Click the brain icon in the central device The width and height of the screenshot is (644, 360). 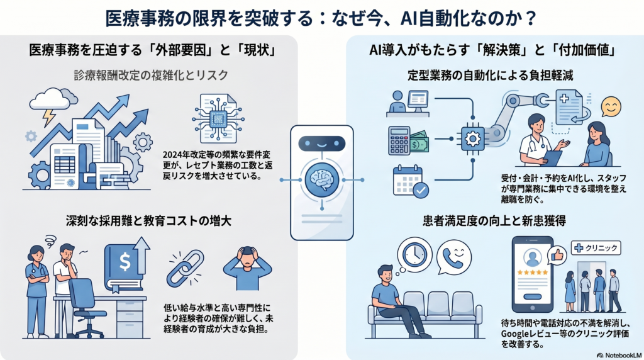(x=321, y=181)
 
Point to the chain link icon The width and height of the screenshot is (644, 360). (x=185, y=267)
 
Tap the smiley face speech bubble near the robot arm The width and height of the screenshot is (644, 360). (x=611, y=106)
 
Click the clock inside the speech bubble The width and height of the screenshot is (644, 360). (x=415, y=254)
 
